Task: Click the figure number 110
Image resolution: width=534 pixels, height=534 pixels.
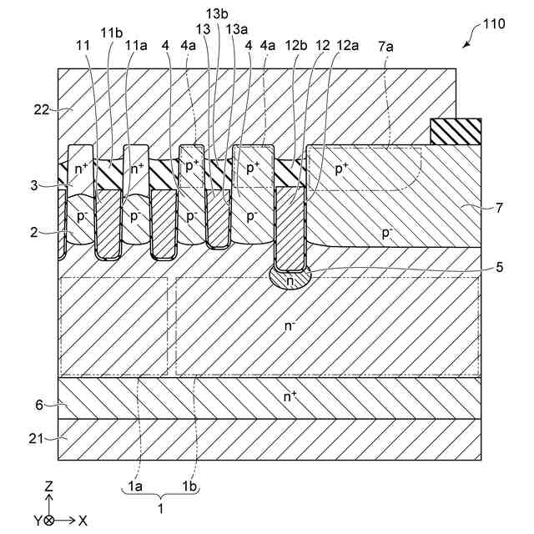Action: coord(492,24)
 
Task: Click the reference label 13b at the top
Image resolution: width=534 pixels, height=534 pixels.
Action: coord(217,13)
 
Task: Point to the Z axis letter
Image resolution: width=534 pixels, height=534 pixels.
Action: coord(49,484)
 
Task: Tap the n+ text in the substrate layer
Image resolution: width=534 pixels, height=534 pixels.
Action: coord(290,396)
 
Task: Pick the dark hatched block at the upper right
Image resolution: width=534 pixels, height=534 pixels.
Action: coord(456,131)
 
